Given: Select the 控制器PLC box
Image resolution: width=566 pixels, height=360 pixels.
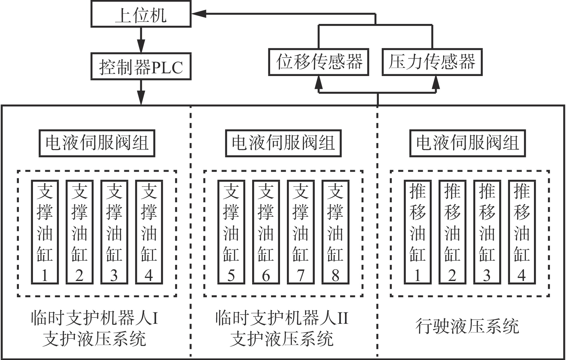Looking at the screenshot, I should (141, 66).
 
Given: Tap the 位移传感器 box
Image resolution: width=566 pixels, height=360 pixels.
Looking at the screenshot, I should (318, 62).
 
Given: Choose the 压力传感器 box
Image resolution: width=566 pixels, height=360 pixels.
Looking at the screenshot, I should (432, 62).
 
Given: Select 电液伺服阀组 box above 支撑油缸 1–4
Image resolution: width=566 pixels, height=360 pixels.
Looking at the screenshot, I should (97, 143).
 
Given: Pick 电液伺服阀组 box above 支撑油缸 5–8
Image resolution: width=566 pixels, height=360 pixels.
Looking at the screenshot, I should (283, 143).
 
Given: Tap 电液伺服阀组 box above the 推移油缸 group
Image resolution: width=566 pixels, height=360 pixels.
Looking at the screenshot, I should (467, 143).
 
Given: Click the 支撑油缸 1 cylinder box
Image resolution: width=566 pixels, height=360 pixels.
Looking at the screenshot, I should (45, 232).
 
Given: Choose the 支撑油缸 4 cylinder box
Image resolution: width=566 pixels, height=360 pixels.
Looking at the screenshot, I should (149, 232).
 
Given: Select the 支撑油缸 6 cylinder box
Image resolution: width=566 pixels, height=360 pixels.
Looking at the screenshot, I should (266, 232).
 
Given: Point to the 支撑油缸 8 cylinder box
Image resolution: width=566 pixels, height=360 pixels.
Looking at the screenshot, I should (335, 232).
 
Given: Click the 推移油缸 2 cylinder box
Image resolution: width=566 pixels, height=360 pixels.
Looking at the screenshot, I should (452, 232).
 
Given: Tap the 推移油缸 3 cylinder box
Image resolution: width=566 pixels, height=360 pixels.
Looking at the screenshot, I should (487, 232).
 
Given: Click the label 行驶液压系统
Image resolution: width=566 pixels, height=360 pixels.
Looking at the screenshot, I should (467, 326).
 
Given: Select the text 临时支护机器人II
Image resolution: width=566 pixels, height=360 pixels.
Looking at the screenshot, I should (282, 318).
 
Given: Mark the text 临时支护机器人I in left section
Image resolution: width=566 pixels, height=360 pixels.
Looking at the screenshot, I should (95, 318).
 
